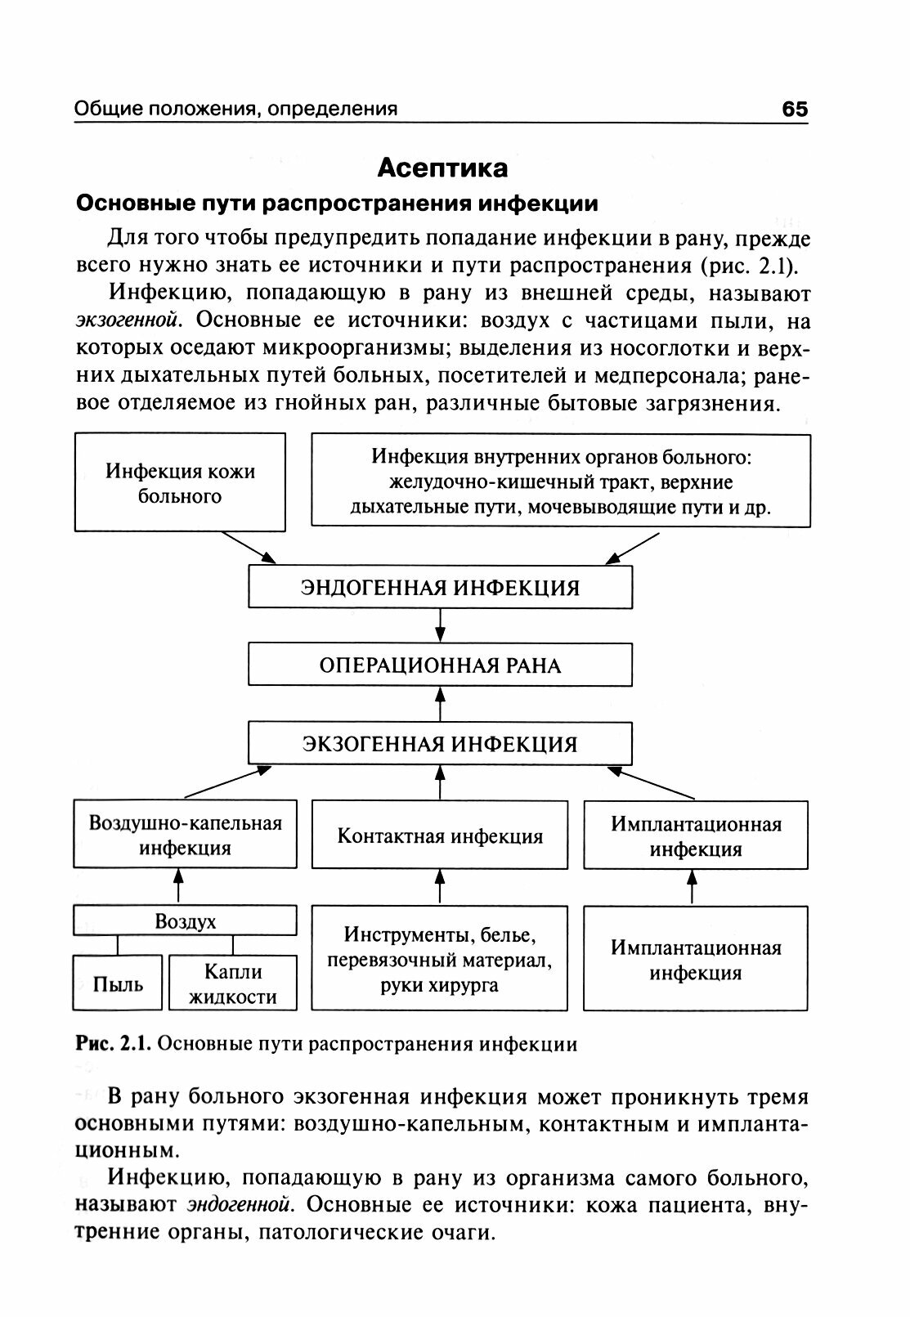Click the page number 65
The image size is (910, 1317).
point(794,109)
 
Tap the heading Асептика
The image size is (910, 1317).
point(442,168)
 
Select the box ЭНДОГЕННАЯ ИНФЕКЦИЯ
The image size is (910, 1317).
point(440,588)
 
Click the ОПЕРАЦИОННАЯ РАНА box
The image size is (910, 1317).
point(440,665)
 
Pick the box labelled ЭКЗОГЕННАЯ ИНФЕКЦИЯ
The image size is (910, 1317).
point(440,743)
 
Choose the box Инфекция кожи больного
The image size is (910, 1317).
point(180,483)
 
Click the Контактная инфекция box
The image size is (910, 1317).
point(440,835)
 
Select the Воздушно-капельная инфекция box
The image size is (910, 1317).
point(185,835)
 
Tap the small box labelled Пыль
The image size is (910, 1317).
point(118,983)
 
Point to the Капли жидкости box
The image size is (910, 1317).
point(232,983)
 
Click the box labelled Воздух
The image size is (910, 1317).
point(185,921)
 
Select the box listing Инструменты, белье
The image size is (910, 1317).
point(440,959)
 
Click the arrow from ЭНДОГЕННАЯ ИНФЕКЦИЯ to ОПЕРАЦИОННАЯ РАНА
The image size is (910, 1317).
point(440,625)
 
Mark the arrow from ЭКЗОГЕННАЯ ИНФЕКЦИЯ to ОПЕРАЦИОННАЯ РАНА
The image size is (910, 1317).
point(440,704)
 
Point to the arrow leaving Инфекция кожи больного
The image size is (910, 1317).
point(249,548)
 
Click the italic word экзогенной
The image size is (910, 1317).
point(126,320)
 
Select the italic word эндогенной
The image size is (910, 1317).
point(240,1205)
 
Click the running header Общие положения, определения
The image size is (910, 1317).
point(235,109)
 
